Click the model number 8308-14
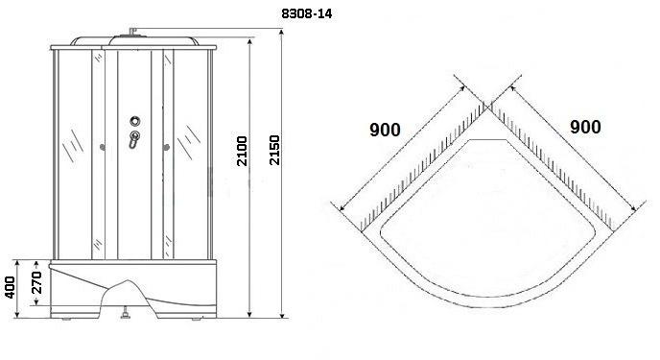tap(306, 13)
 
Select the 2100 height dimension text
tap(242, 151)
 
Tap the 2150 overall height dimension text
tap(274, 150)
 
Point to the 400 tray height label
tap(10, 288)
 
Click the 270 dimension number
tap(37, 282)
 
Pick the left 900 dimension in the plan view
tap(385, 130)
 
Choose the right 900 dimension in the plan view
tap(585, 127)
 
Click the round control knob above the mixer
tap(135, 121)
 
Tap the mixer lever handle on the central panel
tap(134, 139)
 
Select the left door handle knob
tap(102, 147)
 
